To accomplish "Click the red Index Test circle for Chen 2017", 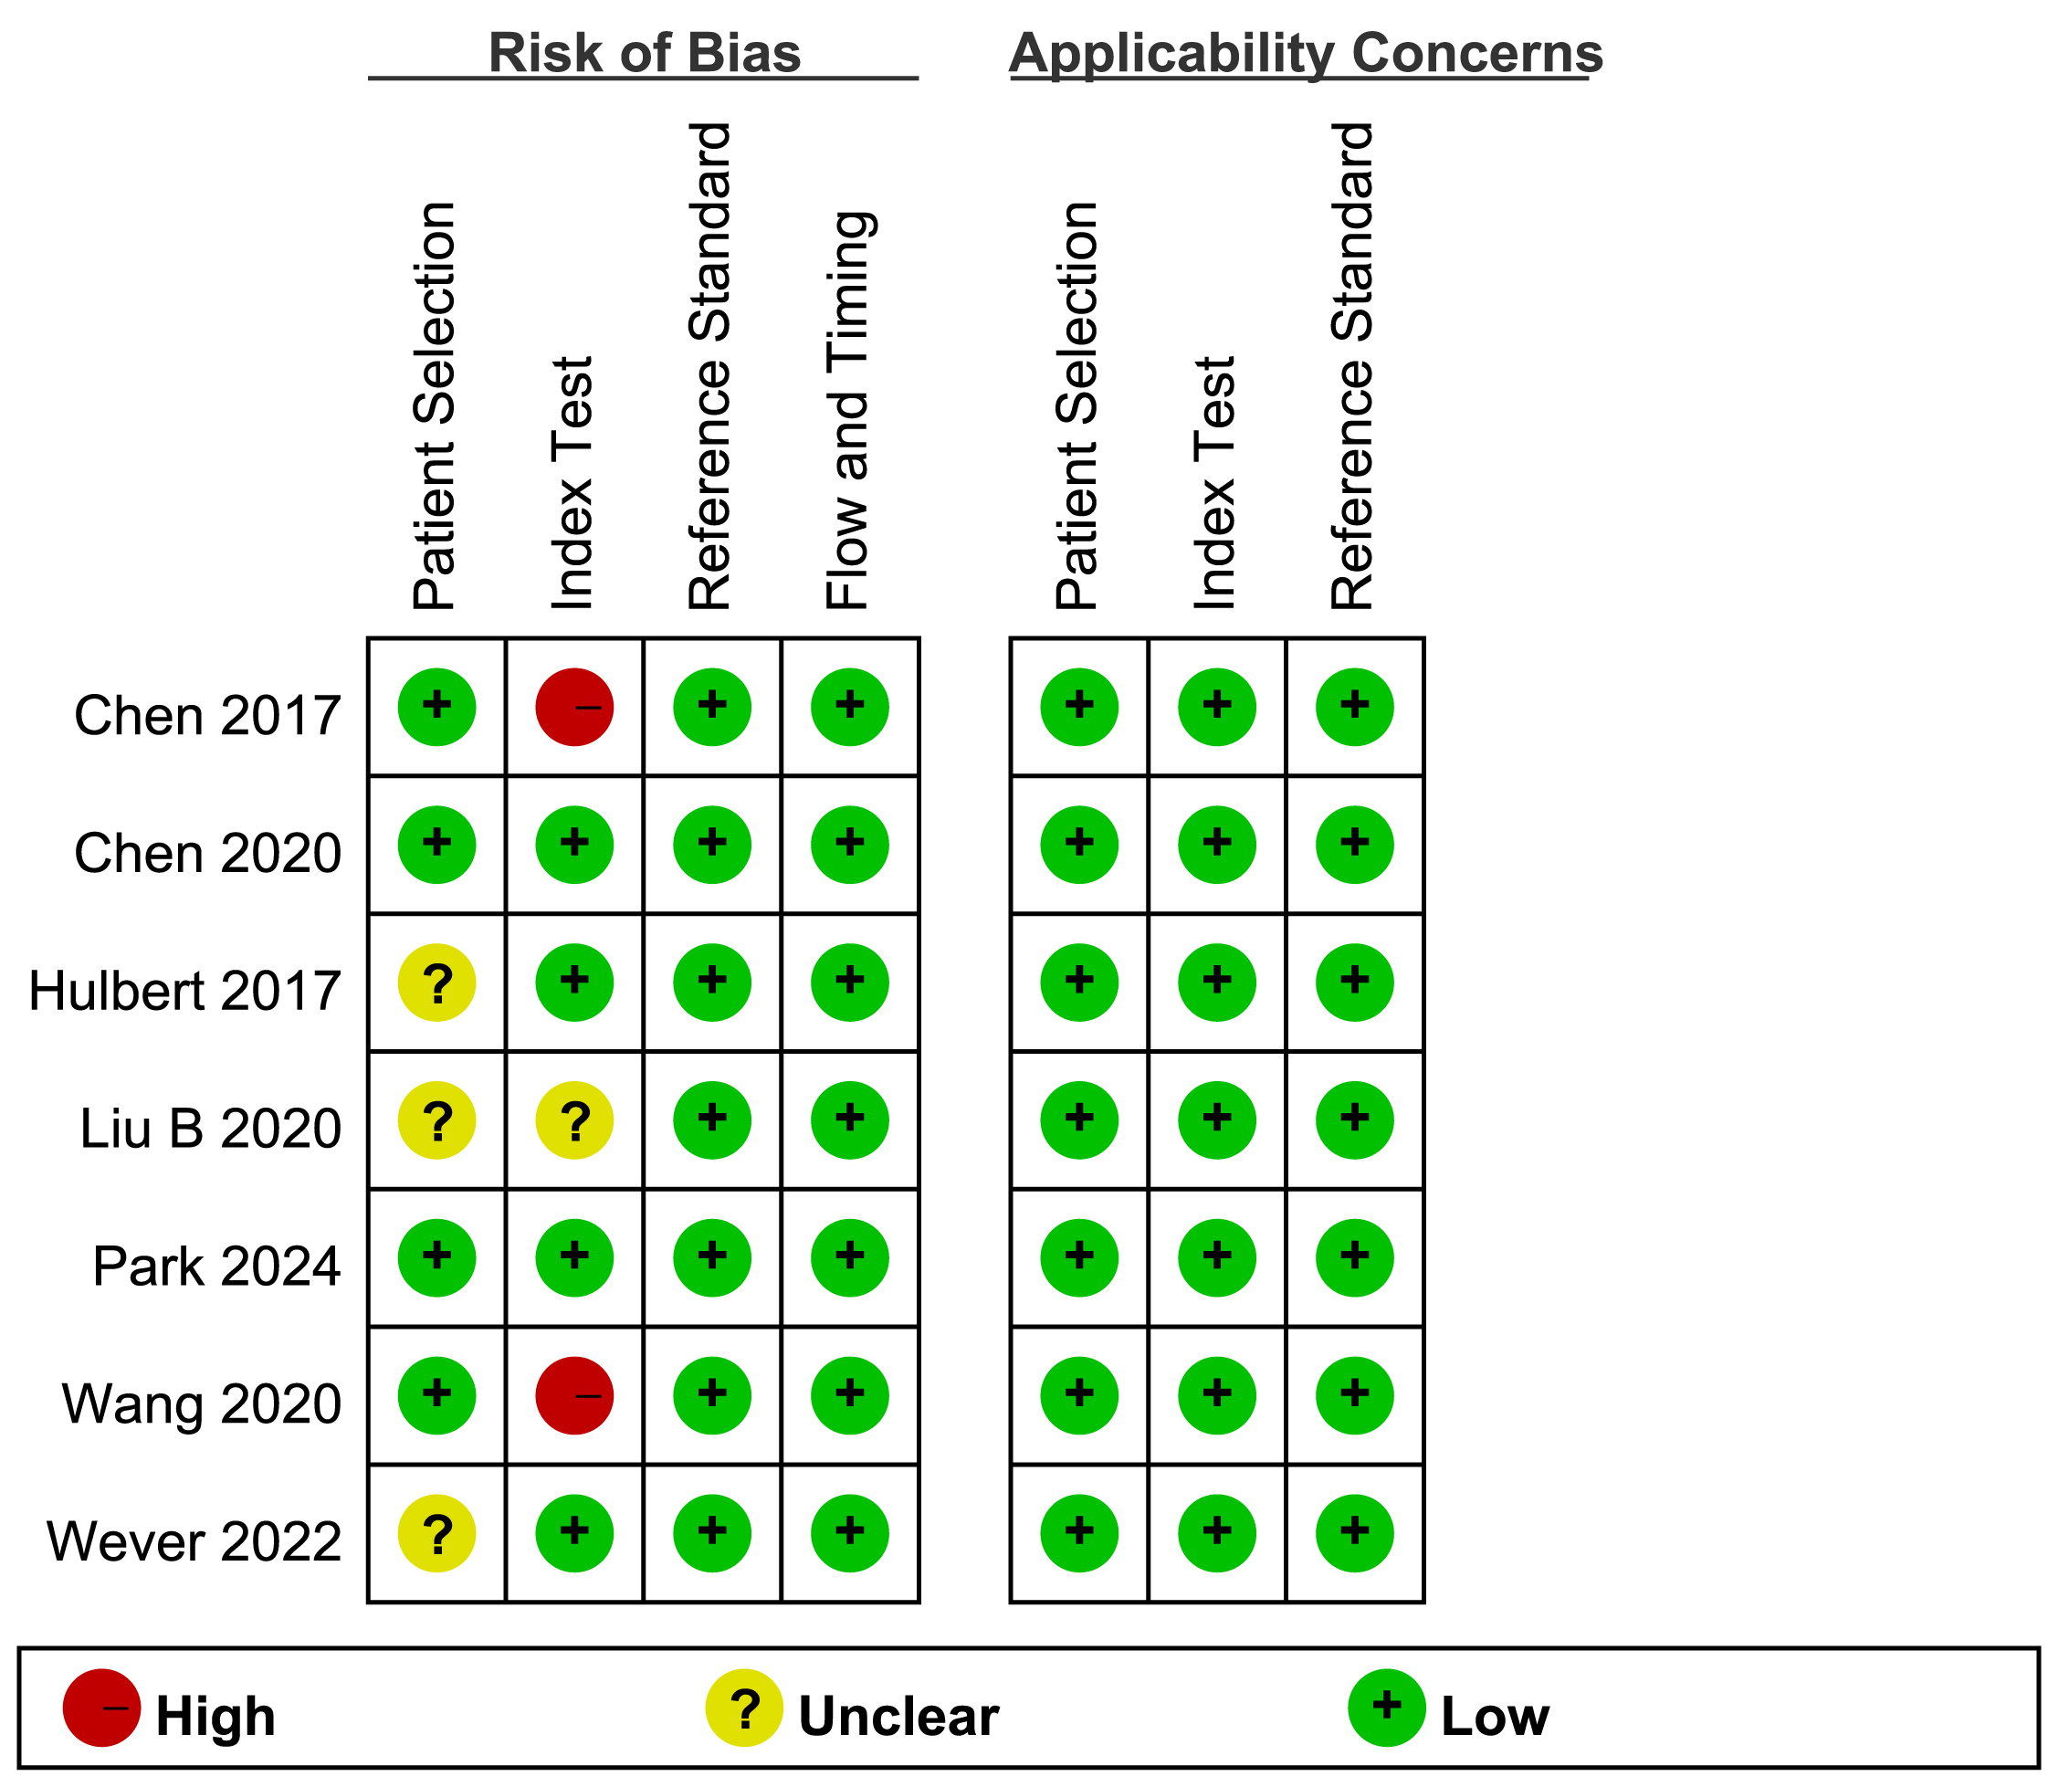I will [x=574, y=707].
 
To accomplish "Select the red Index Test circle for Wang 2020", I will [x=574, y=1395].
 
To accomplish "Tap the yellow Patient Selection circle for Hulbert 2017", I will [x=436, y=983].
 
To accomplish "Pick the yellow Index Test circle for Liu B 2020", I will [x=574, y=1120].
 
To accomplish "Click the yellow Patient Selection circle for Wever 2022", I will [x=436, y=1534].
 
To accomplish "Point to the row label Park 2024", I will [x=216, y=1267].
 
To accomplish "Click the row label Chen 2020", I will [x=207, y=854].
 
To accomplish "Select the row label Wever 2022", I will [x=194, y=1541].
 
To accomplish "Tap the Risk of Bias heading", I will [x=644, y=54].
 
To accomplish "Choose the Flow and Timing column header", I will [x=849, y=409].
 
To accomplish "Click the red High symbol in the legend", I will [x=101, y=1708].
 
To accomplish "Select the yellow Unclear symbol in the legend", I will [x=744, y=1708].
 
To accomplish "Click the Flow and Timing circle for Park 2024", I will [x=849, y=1258].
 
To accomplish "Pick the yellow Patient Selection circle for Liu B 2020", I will [x=436, y=1120].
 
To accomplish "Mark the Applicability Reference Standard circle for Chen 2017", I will [x=1354, y=707].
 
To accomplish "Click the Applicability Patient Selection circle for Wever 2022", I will [x=1079, y=1534].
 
